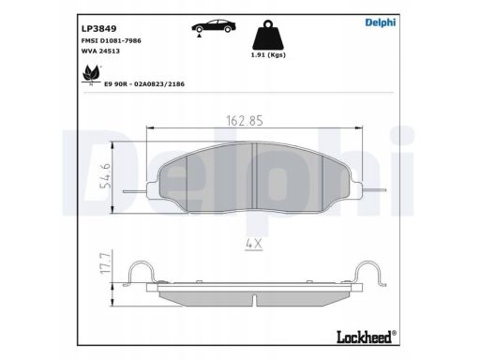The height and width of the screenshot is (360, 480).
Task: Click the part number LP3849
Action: click(x=98, y=28)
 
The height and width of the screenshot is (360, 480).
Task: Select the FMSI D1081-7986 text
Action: click(x=111, y=40)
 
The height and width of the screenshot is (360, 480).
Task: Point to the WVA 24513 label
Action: click(x=100, y=51)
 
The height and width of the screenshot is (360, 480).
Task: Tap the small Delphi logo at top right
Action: click(x=381, y=22)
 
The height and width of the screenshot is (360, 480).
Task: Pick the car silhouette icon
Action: click(x=214, y=27)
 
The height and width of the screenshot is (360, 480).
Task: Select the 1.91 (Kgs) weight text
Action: click(x=268, y=55)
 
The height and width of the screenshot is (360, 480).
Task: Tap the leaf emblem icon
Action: click(x=91, y=75)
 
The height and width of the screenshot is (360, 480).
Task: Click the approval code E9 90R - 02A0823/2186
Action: click(x=144, y=84)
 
